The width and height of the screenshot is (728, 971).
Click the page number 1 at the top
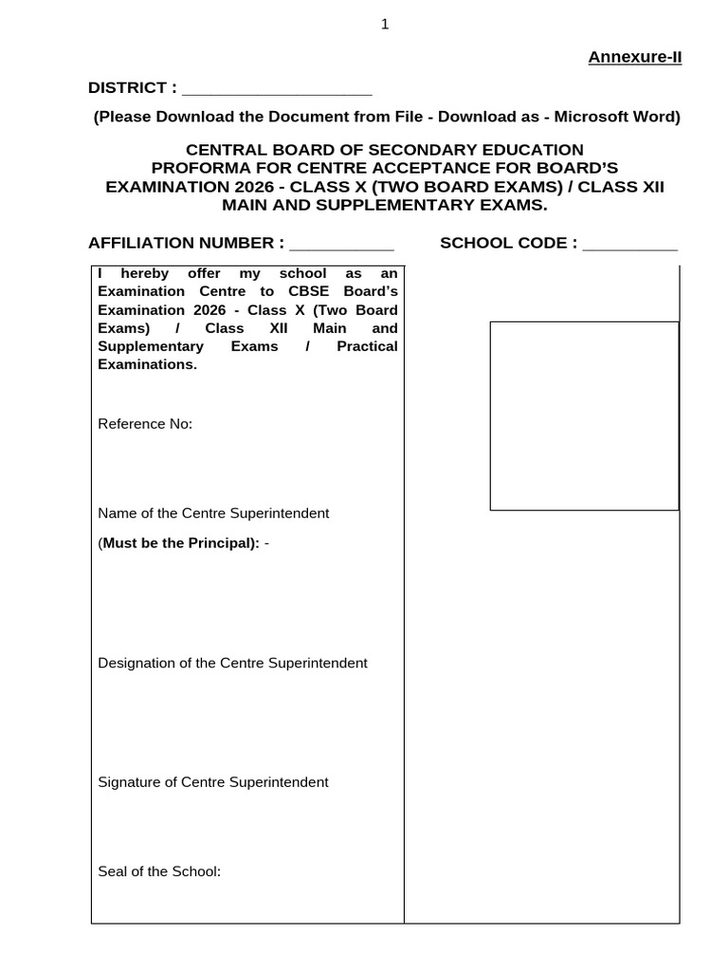[385, 26]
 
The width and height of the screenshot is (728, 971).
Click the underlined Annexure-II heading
[635, 57]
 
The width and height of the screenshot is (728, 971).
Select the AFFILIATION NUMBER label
[186, 243]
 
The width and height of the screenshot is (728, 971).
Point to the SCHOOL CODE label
[508, 243]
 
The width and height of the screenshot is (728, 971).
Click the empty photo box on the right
[584, 415]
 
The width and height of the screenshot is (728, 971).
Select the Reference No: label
[145, 424]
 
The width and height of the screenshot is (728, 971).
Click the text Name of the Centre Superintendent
[213, 513]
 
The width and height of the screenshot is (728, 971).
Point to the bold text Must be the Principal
[180, 543]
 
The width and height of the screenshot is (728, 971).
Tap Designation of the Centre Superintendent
[232, 663]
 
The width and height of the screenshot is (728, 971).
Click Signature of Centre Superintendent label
[213, 782]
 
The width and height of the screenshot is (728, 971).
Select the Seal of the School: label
[159, 870]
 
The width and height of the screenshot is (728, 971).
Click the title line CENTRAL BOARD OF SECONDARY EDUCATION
[384, 150]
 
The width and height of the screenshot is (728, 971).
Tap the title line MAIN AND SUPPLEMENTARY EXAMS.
[384, 205]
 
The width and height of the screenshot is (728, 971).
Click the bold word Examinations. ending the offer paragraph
[147, 364]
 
